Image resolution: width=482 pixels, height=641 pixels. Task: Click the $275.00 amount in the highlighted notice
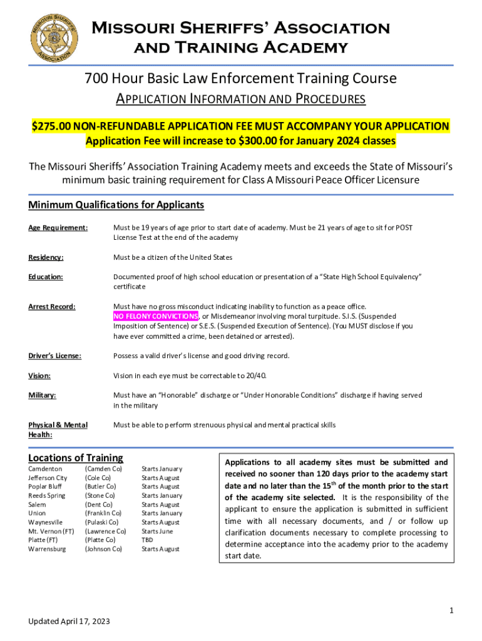pyautogui.click(x=52, y=126)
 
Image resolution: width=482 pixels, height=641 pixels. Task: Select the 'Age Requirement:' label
pyautogui.click(x=58, y=228)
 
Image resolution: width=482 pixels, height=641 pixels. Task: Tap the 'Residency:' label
pyautogui.click(x=46, y=257)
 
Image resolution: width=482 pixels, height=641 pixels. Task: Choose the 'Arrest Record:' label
pyautogui.click(x=51, y=306)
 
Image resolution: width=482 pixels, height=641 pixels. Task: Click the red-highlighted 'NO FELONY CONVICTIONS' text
pyautogui.click(x=155, y=315)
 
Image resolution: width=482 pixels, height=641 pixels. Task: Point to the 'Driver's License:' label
pyautogui.click(x=55, y=356)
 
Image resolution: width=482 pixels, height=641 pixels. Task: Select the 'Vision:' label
pyautogui.click(x=39, y=376)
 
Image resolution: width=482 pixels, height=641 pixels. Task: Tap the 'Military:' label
pyautogui.click(x=43, y=395)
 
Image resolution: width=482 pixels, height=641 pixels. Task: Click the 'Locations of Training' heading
pyautogui.click(x=76, y=458)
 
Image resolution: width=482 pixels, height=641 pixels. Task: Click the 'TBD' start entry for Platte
pyautogui.click(x=148, y=540)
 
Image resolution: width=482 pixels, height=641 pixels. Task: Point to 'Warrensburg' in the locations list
pyautogui.click(x=47, y=549)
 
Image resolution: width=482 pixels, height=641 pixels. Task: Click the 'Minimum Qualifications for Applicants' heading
pyautogui.click(x=116, y=205)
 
